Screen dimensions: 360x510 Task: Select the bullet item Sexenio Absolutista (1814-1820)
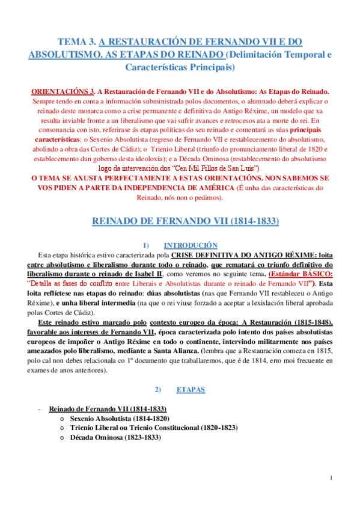coord(119,418)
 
